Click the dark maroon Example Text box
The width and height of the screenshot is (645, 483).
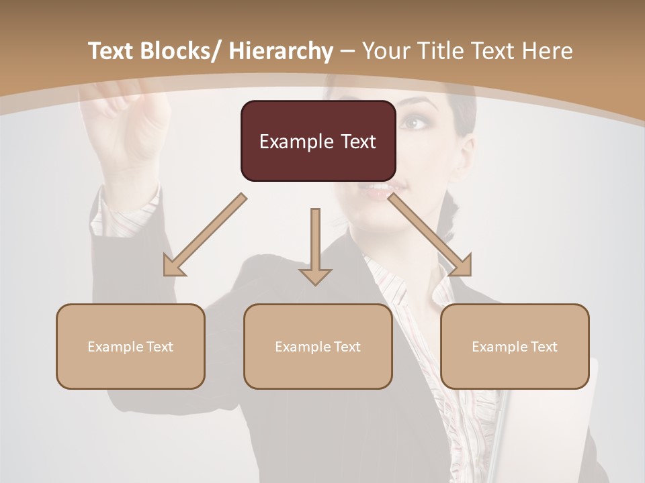click(318, 141)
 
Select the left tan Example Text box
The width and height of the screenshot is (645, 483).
click(130, 346)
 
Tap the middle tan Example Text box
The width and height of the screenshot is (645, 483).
click(318, 346)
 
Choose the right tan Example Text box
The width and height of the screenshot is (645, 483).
click(515, 346)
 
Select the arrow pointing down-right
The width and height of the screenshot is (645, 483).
click(430, 235)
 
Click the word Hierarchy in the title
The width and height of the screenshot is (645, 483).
click(280, 52)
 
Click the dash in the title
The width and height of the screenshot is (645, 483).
click(347, 52)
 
